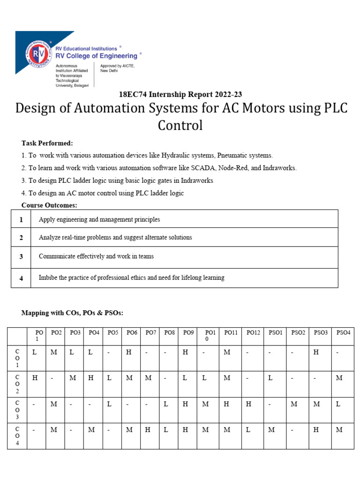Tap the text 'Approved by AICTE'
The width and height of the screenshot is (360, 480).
click(117, 66)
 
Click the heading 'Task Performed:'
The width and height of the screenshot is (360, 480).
click(47, 143)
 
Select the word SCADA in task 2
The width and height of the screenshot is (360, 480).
click(178, 168)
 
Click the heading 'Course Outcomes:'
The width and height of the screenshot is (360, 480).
click(49, 205)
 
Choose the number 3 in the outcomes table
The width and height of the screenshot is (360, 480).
click(21, 256)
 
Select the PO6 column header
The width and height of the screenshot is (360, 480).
click(132, 332)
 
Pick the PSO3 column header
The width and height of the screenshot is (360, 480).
click(321, 332)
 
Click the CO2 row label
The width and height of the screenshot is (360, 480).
click(17, 384)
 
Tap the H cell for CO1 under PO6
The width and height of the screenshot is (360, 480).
click(128, 352)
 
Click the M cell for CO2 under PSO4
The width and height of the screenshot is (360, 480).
click(339, 378)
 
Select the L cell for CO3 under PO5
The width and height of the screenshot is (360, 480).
click(110, 404)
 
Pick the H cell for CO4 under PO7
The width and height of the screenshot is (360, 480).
click(147, 430)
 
